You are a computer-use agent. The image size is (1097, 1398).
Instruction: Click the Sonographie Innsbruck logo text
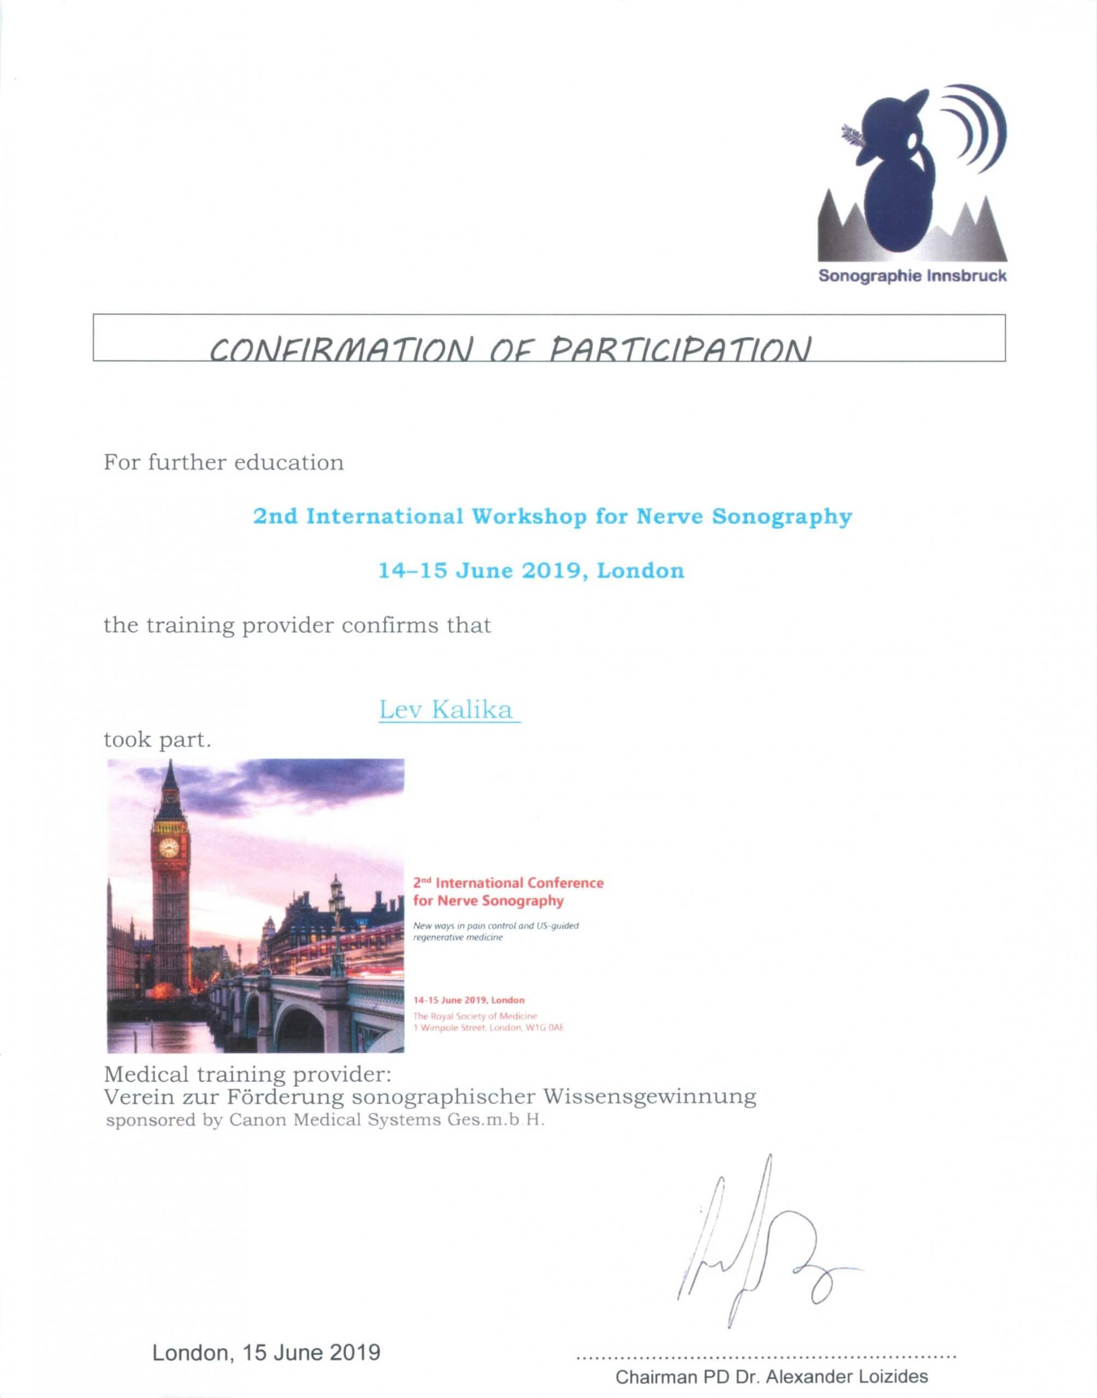pos(912,277)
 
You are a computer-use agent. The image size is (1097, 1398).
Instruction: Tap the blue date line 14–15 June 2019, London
pos(531,571)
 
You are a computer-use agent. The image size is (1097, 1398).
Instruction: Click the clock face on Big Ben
pos(169,848)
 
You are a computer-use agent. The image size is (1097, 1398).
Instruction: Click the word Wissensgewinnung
pos(649,1095)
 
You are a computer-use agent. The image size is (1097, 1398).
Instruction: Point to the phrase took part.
pos(157,740)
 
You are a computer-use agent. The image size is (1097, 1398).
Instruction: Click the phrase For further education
pos(224,463)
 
